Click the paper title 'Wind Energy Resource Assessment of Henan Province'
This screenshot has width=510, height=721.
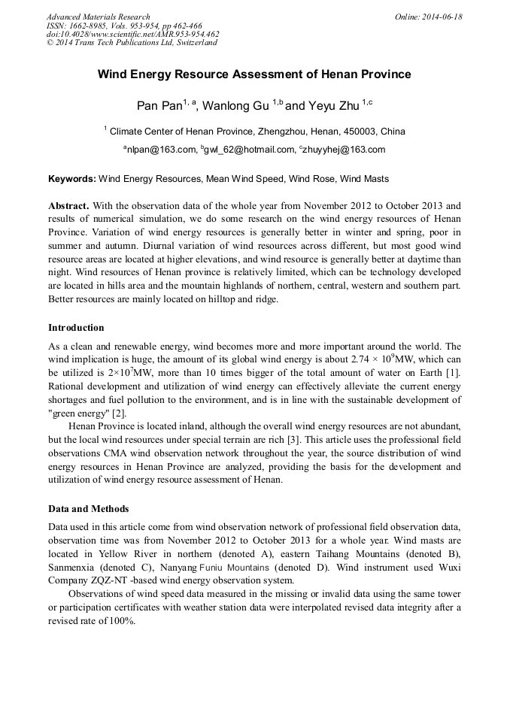pyautogui.click(x=254, y=74)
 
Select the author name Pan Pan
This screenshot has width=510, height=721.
pyautogui.click(x=159, y=105)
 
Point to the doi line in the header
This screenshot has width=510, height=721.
pyautogui.click(x=132, y=34)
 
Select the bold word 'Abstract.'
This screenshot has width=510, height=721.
pyautogui.click(x=68, y=205)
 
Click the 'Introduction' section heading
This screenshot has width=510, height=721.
pyautogui.click(x=76, y=328)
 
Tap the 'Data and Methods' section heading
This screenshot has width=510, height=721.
pyautogui.click(x=88, y=509)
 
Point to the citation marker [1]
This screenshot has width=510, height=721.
pyautogui.click(x=454, y=372)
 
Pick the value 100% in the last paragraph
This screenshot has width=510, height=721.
pyautogui.click(x=120, y=621)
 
